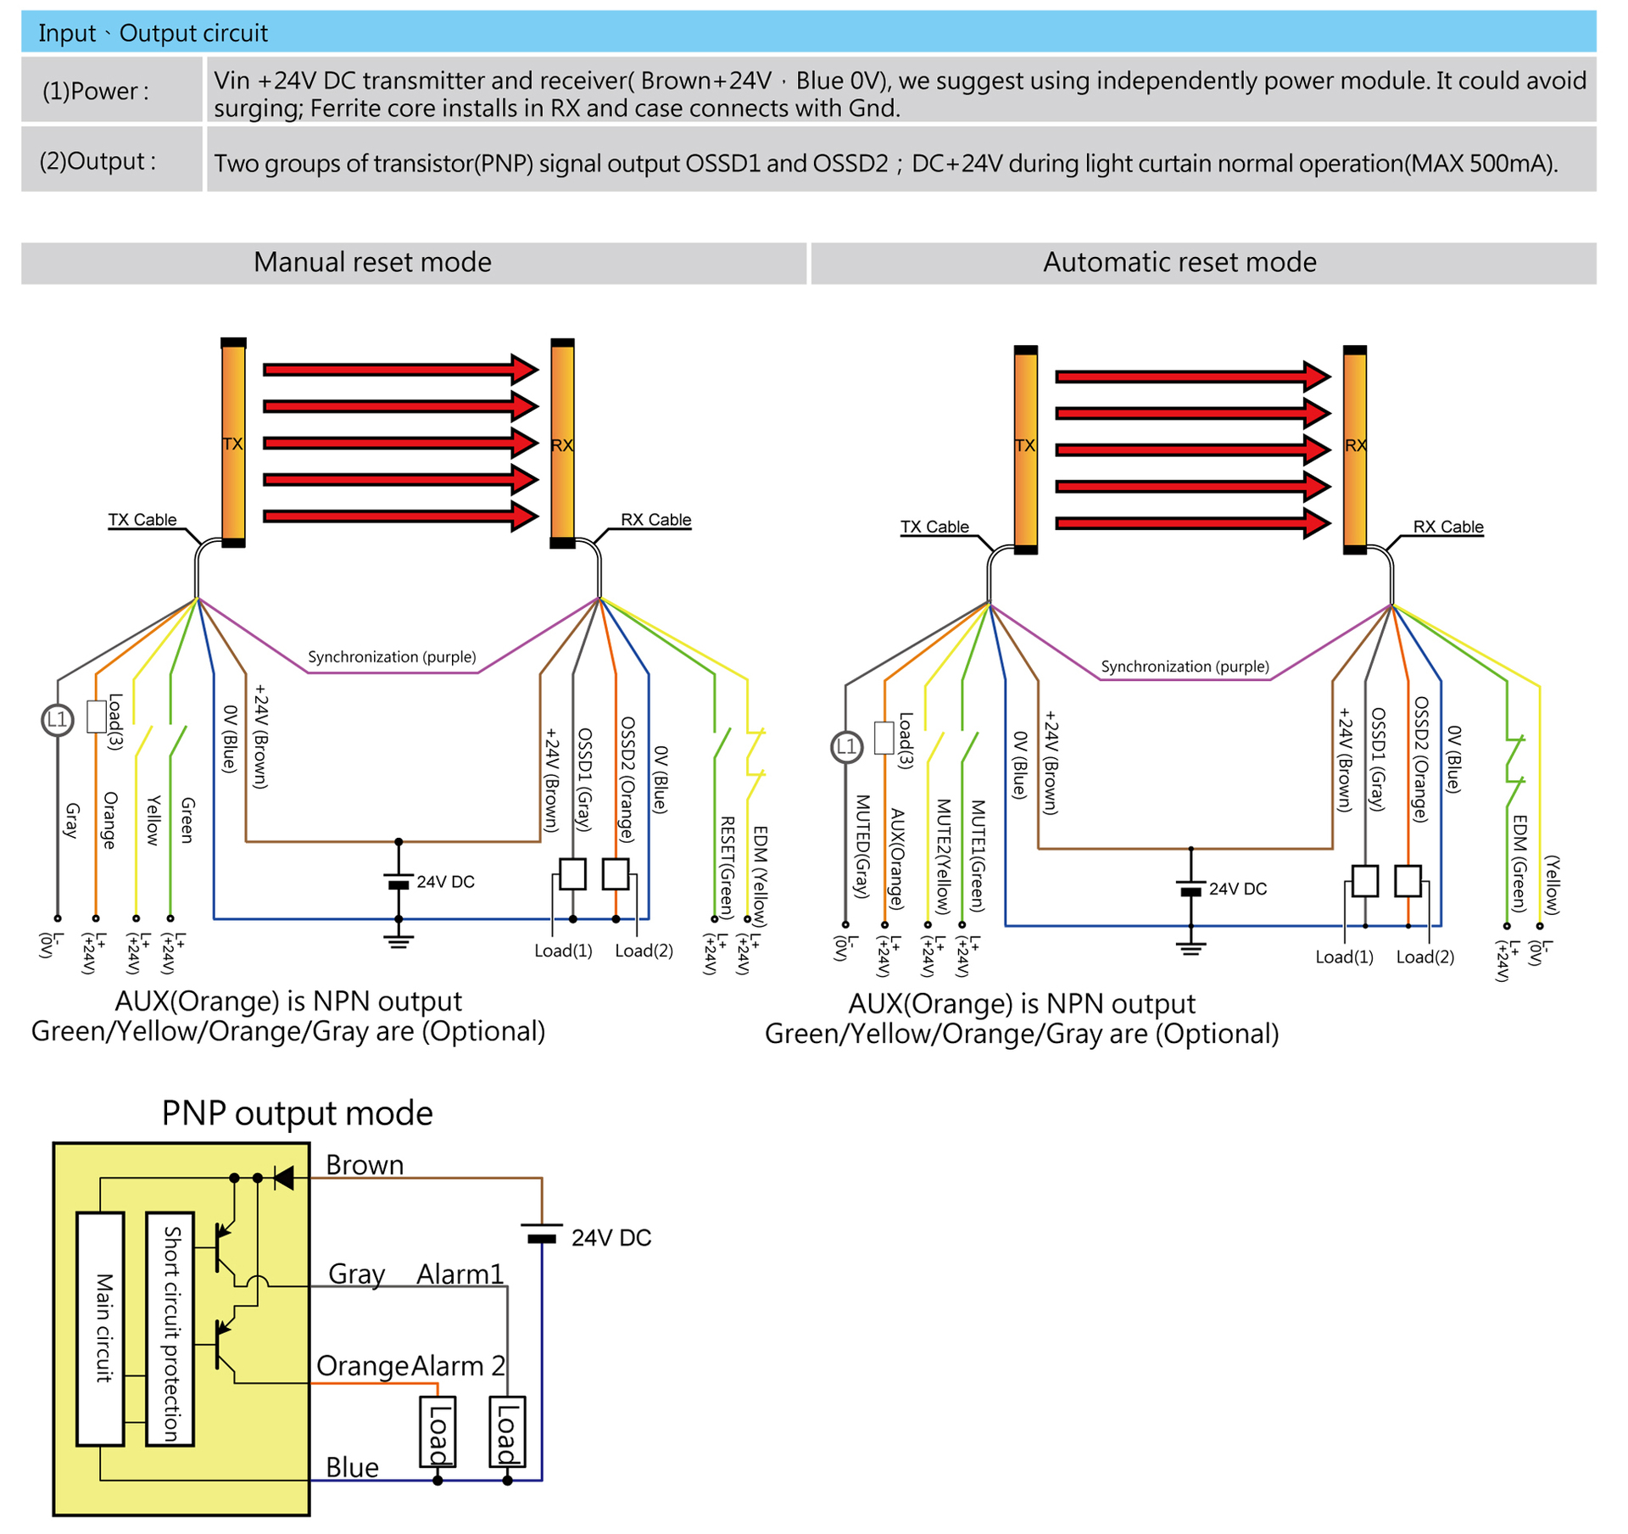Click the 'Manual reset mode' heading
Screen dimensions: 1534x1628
tap(372, 263)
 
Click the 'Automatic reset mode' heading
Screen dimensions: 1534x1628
tap(1179, 263)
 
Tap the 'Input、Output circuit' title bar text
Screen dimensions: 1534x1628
tap(153, 33)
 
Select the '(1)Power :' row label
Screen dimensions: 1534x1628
tap(96, 91)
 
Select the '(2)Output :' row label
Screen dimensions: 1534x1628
tap(98, 161)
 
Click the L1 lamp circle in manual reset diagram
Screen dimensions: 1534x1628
tap(58, 721)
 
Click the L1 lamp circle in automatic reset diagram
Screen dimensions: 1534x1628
tap(846, 747)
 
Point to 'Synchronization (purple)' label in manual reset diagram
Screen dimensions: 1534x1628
tap(392, 657)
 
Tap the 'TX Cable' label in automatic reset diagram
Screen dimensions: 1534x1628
tap(934, 527)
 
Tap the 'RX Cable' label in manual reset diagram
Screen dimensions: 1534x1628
tap(655, 520)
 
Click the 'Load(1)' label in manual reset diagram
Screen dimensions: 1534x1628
tap(563, 951)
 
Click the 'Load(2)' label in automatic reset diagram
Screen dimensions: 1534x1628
tap(1424, 957)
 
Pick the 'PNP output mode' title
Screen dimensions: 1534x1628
tap(297, 1113)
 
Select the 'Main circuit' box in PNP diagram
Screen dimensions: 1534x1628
tap(101, 1328)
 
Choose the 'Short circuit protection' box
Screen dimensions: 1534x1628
tap(170, 1328)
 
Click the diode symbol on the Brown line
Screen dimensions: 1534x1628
tap(284, 1178)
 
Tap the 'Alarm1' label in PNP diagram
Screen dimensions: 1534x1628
tap(460, 1275)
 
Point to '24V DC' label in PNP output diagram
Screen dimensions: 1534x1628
tap(610, 1238)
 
